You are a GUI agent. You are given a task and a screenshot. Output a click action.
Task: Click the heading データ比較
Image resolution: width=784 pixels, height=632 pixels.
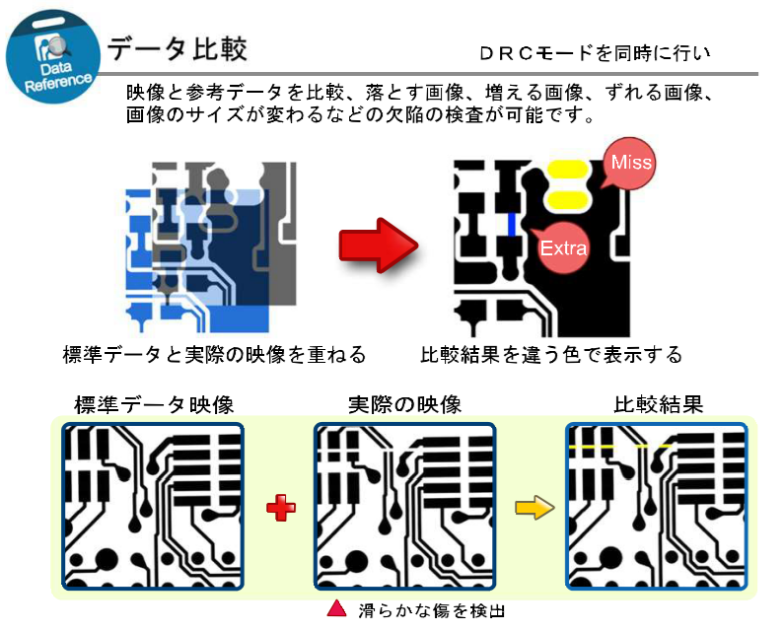pos(178,48)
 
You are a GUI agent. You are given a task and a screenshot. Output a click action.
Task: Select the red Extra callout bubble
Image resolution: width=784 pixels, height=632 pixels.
pos(562,246)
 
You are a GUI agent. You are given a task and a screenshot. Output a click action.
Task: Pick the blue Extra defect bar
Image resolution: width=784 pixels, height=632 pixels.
pos(512,223)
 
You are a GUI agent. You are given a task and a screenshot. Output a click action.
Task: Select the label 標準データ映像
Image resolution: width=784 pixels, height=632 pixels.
pos(153,405)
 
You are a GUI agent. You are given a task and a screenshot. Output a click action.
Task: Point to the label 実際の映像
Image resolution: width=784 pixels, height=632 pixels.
pos(404,405)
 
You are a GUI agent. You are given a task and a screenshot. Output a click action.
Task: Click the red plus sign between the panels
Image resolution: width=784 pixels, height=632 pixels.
pos(281,508)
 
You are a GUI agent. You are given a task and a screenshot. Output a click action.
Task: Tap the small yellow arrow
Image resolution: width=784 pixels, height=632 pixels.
pos(534,509)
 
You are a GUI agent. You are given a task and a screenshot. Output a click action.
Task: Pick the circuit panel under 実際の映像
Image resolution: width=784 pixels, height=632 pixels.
pos(404,506)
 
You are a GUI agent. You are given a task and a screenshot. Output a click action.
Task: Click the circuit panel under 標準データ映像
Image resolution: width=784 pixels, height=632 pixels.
pos(153,506)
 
